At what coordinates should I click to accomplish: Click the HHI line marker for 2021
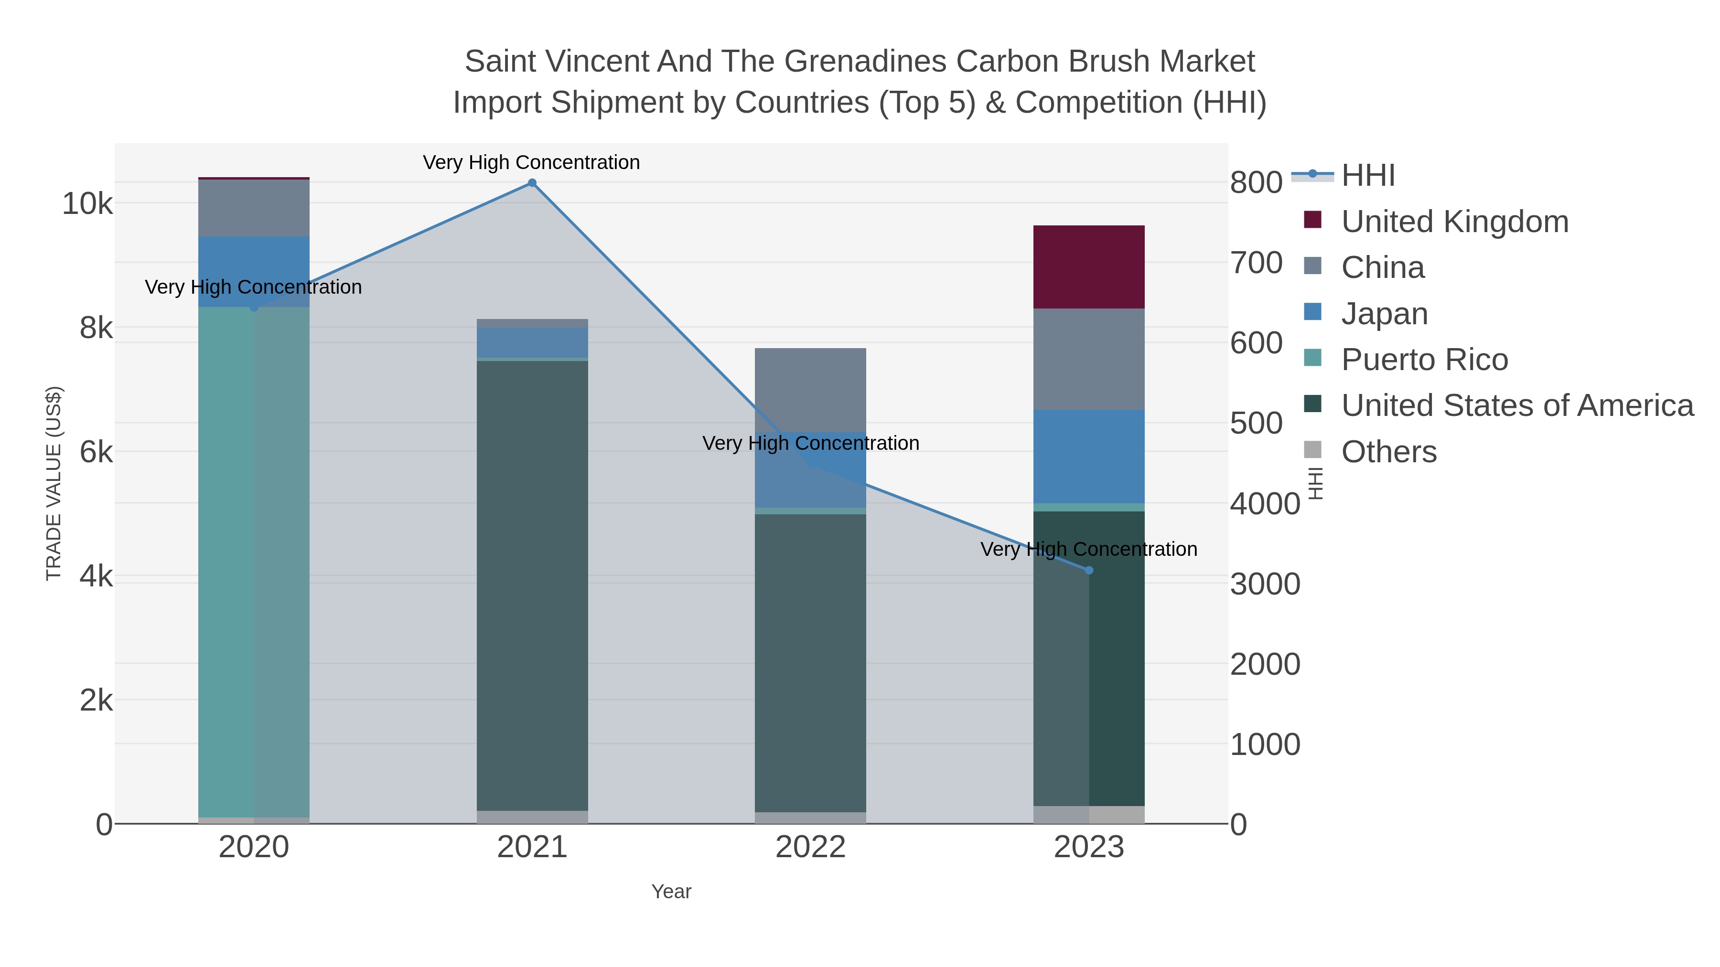tap(532, 183)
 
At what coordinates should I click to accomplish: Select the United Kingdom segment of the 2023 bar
tap(1089, 267)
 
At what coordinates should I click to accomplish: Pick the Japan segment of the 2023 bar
tap(1089, 457)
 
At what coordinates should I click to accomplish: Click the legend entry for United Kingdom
tap(1454, 222)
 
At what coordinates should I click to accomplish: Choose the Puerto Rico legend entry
tap(1424, 360)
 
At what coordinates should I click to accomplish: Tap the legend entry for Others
tap(1389, 452)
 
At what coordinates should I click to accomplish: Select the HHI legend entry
tap(1367, 176)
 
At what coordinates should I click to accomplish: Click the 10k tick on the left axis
tap(87, 203)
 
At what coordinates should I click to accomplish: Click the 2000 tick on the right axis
tap(1265, 665)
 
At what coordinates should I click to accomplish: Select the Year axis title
tap(671, 892)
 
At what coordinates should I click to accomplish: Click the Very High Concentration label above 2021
tap(531, 162)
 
